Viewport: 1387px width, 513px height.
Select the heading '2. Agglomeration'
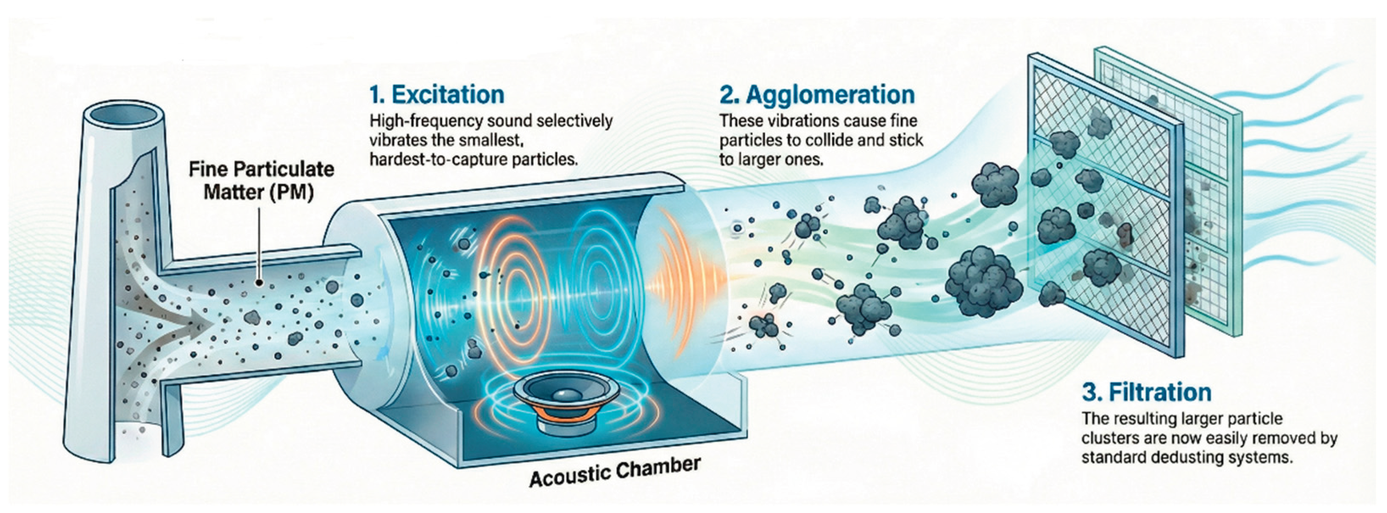point(817,95)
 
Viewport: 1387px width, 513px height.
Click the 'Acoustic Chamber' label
point(615,472)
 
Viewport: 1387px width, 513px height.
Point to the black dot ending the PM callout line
point(259,282)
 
